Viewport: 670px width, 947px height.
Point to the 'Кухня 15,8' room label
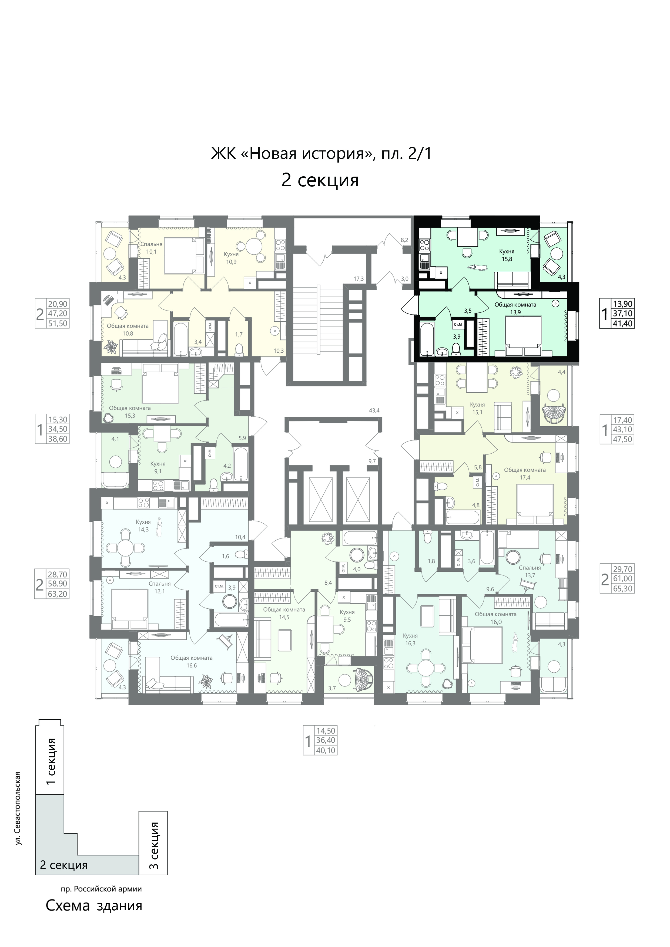coord(507,255)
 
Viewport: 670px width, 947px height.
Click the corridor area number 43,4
coord(375,410)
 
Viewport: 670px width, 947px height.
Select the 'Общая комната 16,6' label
coord(192,662)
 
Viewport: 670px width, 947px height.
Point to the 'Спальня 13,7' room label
coord(530,571)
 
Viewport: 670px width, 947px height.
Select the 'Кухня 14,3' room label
coord(143,525)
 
